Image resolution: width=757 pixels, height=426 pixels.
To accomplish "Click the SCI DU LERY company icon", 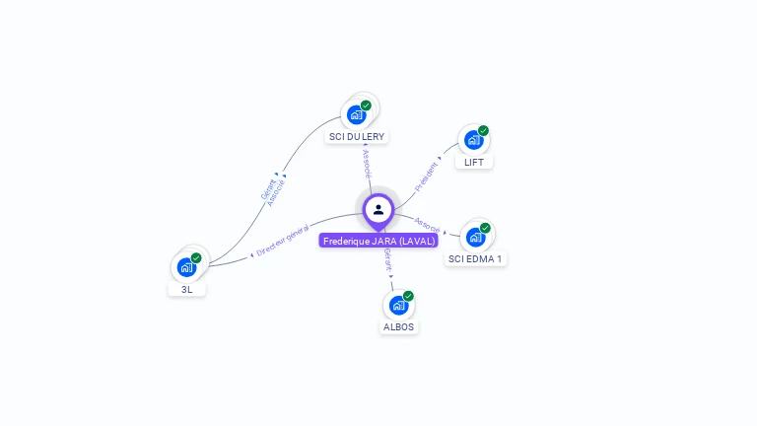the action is (357, 114).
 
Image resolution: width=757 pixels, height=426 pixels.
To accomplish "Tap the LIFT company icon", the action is (473, 140).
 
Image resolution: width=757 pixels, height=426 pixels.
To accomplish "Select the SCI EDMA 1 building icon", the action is (475, 237).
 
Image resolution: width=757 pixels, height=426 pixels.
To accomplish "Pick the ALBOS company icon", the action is (398, 305).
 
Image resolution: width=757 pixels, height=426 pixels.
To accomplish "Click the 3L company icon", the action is (186, 266).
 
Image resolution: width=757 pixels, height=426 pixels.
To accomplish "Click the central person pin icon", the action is (378, 209).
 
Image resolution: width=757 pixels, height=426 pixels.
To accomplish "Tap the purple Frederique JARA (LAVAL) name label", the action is (378, 241).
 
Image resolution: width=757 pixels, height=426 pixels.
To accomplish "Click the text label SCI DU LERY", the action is (357, 136).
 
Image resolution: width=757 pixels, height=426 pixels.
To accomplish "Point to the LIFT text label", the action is (474, 162).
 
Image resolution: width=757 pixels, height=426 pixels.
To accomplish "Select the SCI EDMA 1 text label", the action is (475, 258).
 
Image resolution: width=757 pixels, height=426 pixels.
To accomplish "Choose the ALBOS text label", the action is (398, 326).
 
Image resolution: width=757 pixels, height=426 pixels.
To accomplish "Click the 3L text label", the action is (186, 289).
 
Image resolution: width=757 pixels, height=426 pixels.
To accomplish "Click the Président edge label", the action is (427, 176).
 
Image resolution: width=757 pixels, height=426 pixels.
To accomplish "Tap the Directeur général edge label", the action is (283, 240).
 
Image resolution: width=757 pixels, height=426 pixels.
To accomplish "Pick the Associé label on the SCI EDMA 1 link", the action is (428, 225).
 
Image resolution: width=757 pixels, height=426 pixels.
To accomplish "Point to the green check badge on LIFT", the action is (483, 130).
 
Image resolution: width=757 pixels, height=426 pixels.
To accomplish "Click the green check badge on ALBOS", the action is (408, 296).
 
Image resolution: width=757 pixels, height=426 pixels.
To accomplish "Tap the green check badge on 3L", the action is (196, 257).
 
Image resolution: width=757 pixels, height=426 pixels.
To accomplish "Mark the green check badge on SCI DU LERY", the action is (366, 106).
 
